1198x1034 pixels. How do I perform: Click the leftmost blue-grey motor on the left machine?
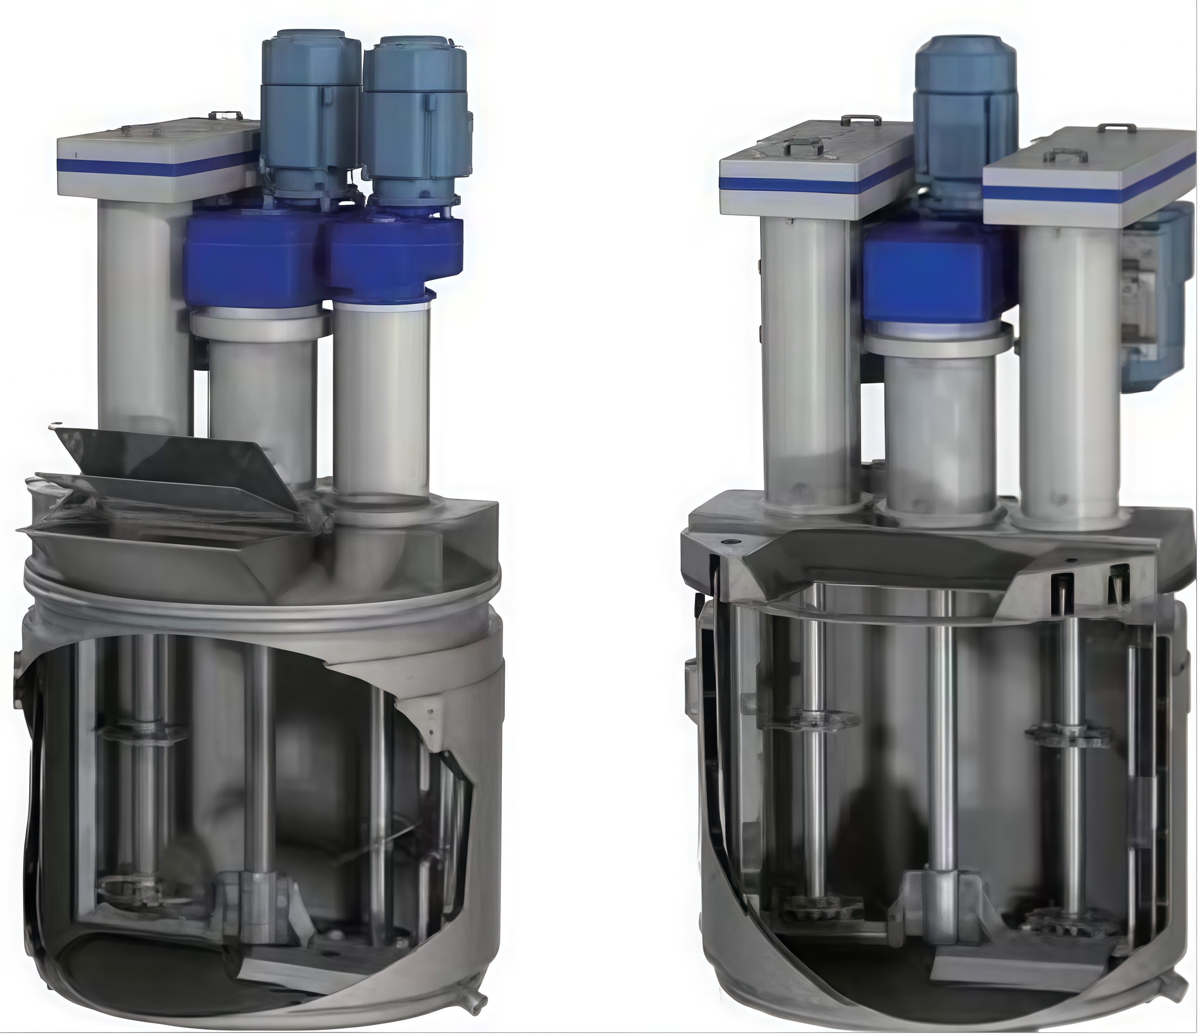tap(310, 116)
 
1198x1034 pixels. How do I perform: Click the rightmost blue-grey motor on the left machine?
tap(415, 121)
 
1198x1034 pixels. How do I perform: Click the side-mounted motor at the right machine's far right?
tap(1151, 301)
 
